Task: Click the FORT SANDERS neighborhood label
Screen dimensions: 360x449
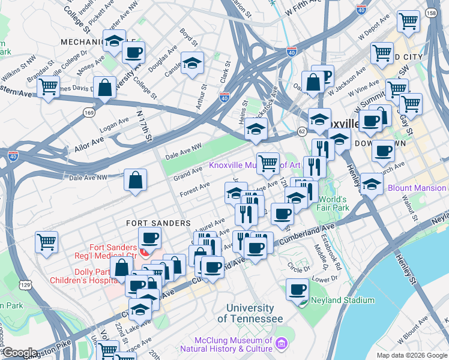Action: tap(158, 223)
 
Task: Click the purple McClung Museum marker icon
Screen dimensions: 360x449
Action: tap(282, 343)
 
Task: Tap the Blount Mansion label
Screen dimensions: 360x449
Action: tap(417, 188)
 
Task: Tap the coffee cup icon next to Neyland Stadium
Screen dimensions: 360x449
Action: tap(297, 290)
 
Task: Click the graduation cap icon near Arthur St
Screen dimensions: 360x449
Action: tap(192, 63)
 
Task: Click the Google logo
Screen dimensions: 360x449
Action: tap(20, 353)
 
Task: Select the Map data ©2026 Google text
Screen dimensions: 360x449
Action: tap(411, 355)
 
